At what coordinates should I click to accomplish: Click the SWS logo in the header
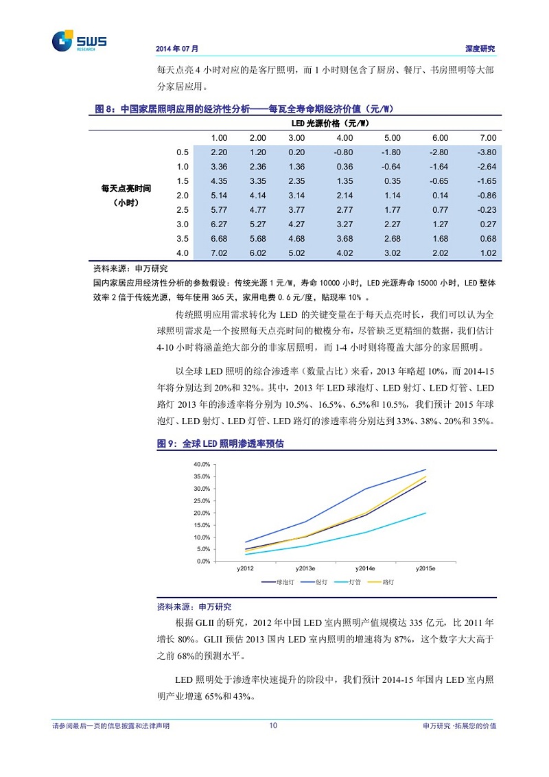coord(79,40)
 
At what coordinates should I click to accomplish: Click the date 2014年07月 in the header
coord(177,49)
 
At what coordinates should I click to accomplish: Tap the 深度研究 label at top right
coord(480,49)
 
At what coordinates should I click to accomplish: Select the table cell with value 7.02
coord(218,253)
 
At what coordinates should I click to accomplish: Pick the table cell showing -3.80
coord(486,152)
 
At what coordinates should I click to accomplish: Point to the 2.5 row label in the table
coord(182,209)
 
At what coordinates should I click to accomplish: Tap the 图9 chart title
coord(220,445)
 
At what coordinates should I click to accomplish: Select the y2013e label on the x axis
coord(305,569)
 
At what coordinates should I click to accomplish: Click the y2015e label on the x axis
coord(425,569)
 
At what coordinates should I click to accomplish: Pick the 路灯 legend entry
coord(381,582)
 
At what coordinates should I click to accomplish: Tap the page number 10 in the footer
coord(273,726)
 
